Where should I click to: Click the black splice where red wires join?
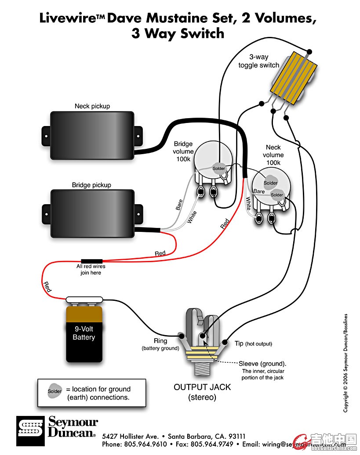coord(91,260)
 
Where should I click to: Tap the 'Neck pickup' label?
coord(92,106)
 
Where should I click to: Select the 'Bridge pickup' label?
coord(91,185)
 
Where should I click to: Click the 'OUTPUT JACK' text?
coord(202,387)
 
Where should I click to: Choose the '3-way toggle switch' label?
coord(259,61)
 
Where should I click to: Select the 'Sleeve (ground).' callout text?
coord(262,364)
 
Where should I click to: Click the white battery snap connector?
coord(84,300)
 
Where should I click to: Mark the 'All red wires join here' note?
coord(91,269)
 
